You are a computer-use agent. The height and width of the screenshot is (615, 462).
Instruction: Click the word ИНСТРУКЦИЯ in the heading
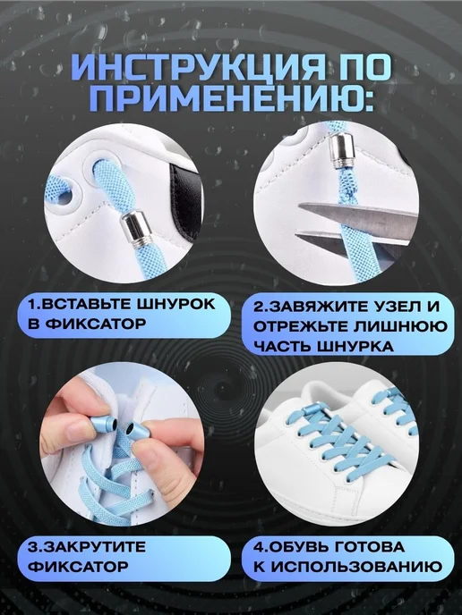click(x=199, y=68)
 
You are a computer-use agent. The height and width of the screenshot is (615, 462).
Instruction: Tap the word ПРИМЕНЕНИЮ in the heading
click(x=231, y=100)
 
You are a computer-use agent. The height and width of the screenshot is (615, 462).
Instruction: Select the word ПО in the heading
click(x=363, y=68)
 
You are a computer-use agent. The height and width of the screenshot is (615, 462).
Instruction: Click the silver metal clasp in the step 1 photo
click(x=134, y=229)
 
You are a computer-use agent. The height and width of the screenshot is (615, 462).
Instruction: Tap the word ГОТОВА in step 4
click(x=371, y=547)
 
